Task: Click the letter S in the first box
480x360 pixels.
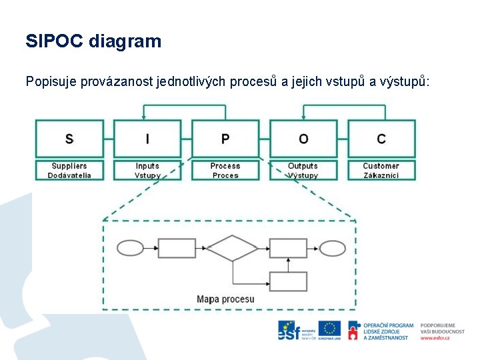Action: [69, 139]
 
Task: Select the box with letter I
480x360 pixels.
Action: [147, 139]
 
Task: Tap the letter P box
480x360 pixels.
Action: [225, 139]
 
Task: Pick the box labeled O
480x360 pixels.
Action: [303, 139]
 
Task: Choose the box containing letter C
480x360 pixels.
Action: [381, 139]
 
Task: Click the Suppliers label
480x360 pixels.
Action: [69, 166]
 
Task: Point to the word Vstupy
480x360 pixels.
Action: [147, 175]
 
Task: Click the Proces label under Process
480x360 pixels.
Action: [225, 175]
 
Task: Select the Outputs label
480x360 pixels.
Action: [303, 166]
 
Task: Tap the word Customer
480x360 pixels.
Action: [381, 166]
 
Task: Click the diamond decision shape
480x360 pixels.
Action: [232, 248]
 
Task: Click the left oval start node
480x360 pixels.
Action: [130, 248]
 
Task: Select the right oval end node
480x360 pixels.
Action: [333, 248]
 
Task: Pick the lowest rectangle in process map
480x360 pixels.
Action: [288, 281]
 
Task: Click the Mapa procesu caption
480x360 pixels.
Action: [225, 299]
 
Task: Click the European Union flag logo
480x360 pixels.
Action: [329, 329]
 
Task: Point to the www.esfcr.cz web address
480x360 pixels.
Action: [435, 338]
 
